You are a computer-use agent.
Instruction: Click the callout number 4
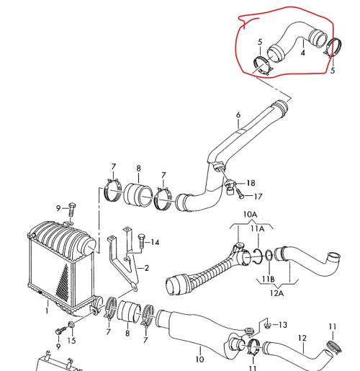pos(303,53)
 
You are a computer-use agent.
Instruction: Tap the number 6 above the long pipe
pos(238,115)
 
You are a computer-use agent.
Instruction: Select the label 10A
pos(250,214)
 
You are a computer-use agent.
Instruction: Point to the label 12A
pos(276,293)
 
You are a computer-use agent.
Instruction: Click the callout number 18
pos(251,183)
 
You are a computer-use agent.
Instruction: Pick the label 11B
pos(268,279)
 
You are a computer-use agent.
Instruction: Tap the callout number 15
pos(71,341)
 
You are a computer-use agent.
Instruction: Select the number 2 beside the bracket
pos(147,268)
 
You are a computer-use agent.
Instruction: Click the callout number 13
pos(283,325)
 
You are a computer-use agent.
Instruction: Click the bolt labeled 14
pos(141,241)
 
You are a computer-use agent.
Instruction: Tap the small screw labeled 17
pos(240,194)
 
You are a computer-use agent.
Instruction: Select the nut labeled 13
pos(267,326)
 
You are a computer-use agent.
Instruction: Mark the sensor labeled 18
pos(230,187)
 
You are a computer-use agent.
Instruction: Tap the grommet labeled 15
pos(71,325)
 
